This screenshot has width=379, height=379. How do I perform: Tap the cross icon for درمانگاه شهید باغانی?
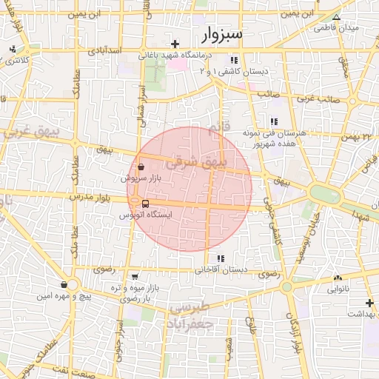click(174, 44)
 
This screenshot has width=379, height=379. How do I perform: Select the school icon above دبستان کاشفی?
click(234, 61)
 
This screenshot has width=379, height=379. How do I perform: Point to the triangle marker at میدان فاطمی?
click(337, 17)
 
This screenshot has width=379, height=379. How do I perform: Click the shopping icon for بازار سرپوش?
click(141, 168)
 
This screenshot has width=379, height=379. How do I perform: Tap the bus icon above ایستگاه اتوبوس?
click(145, 204)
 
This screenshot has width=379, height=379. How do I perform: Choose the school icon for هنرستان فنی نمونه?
click(274, 121)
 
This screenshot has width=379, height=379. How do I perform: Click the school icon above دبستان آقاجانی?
click(220, 258)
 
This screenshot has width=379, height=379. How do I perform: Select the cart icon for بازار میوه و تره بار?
click(135, 275)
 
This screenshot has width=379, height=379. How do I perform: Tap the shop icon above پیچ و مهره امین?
click(64, 285)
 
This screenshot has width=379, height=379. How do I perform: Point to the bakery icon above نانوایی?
click(338, 278)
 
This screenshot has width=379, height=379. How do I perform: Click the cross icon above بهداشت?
click(369, 303)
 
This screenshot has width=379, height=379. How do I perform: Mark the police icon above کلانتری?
click(12, 50)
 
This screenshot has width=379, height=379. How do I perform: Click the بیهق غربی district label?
click(21, 133)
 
